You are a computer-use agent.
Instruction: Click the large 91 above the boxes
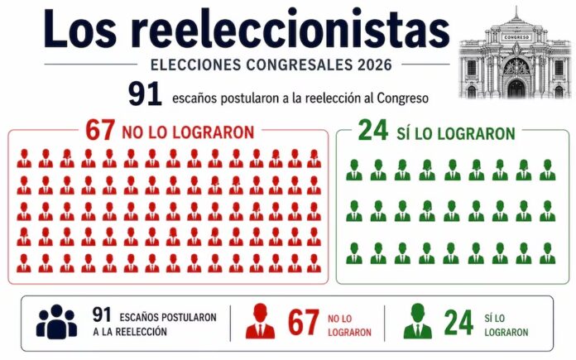(x=145, y=94)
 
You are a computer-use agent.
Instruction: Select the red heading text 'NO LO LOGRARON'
(x=188, y=132)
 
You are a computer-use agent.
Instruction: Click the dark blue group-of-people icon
(x=56, y=322)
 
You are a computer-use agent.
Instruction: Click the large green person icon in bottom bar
(x=417, y=322)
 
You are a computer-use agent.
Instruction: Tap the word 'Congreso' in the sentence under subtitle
(x=405, y=98)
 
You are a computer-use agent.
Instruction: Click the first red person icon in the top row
(x=24, y=159)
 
